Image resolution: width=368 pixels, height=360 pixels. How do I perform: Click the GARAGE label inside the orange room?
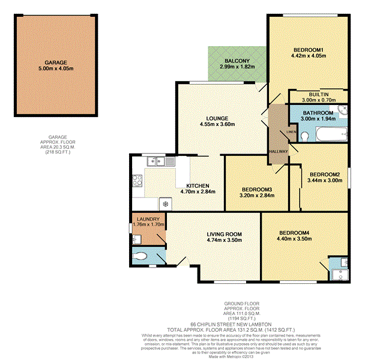55,62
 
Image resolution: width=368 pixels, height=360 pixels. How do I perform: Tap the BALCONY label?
234,61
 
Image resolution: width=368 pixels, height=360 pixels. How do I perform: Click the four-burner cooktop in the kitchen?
137,179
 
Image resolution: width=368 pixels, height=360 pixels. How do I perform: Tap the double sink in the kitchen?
157,160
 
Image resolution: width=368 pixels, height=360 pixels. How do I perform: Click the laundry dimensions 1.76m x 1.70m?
148,224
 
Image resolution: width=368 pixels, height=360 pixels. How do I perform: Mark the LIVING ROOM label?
224,234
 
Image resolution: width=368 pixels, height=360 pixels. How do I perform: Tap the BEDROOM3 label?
256,190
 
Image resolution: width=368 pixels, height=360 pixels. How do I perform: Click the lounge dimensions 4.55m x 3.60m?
216,124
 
